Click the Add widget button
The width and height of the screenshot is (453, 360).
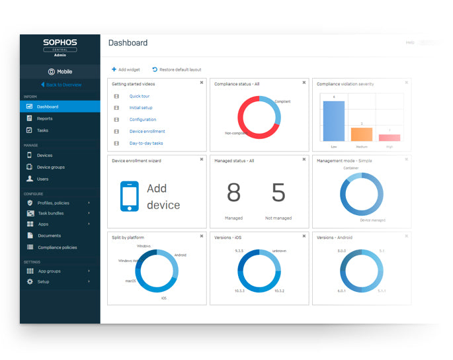click(x=126, y=69)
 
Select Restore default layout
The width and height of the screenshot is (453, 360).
click(x=177, y=69)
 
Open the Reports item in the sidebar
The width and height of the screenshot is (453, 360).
click(x=44, y=118)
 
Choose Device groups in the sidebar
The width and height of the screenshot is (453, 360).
click(x=50, y=167)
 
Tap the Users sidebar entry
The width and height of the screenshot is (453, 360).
click(x=42, y=179)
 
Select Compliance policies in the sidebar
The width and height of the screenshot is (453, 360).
click(x=57, y=247)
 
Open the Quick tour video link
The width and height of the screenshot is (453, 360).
click(x=139, y=96)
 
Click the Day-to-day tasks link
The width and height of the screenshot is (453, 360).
click(x=146, y=143)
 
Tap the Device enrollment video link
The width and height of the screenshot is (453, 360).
click(x=147, y=131)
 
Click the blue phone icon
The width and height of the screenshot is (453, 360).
click(x=130, y=196)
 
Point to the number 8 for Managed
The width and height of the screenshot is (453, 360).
click(x=233, y=193)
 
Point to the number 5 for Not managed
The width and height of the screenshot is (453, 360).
click(x=278, y=193)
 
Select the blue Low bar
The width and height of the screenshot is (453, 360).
click(x=334, y=121)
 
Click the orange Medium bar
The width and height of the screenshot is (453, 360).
click(x=362, y=134)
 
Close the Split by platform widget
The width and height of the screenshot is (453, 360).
click(x=201, y=236)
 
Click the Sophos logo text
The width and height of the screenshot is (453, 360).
click(x=60, y=42)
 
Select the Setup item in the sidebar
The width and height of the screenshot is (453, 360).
click(x=43, y=282)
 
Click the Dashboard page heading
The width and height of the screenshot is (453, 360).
click(x=128, y=43)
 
